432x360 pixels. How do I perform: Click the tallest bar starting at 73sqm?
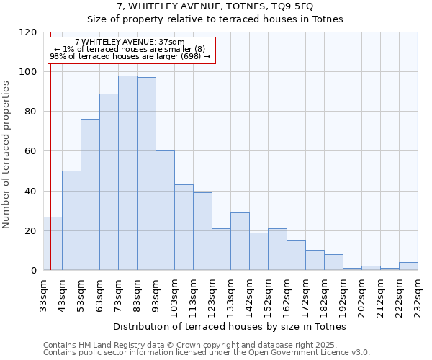[x=127, y=173]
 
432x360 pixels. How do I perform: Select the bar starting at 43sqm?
[x=71, y=220]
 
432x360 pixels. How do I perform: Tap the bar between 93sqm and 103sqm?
[x=165, y=210]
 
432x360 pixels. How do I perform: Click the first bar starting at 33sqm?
[x=53, y=243]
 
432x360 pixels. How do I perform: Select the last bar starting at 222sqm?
[x=408, y=266]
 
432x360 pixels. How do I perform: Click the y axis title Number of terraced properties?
[x=6, y=154]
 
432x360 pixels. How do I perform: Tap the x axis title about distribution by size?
[x=230, y=326]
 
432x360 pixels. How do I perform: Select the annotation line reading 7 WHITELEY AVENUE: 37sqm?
[x=130, y=42]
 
